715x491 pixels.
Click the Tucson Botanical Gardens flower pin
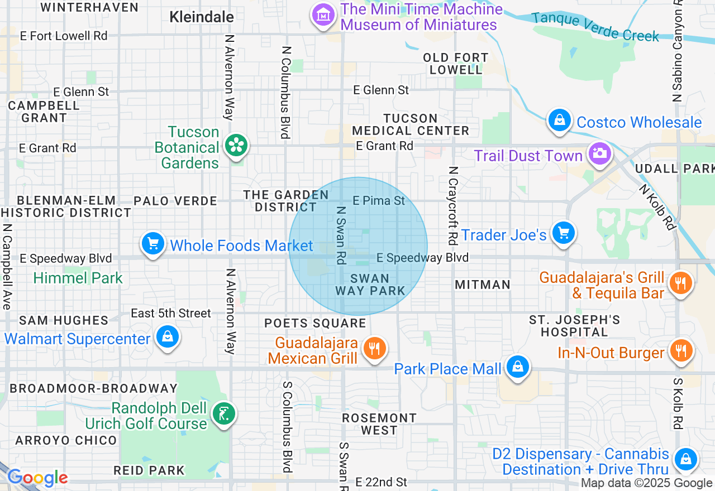[237, 146]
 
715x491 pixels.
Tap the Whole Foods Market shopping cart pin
[153, 244]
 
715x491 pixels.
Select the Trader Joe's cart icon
[563, 233]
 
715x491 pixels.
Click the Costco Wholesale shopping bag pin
[559, 121]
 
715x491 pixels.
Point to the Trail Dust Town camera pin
[600, 153]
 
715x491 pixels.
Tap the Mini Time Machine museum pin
[323, 15]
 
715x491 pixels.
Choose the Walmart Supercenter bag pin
[167, 338]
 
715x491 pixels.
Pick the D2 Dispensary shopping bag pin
[684, 460]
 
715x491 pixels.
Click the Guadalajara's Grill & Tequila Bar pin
[680, 283]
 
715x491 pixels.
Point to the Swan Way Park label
[370, 285]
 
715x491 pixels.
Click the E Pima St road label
[379, 200]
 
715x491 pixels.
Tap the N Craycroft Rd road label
[453, 205]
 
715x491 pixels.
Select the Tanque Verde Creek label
[595, 27]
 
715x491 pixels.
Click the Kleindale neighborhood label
[202, 17]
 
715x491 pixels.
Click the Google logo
[37, 478]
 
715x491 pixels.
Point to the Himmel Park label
[78, 278]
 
